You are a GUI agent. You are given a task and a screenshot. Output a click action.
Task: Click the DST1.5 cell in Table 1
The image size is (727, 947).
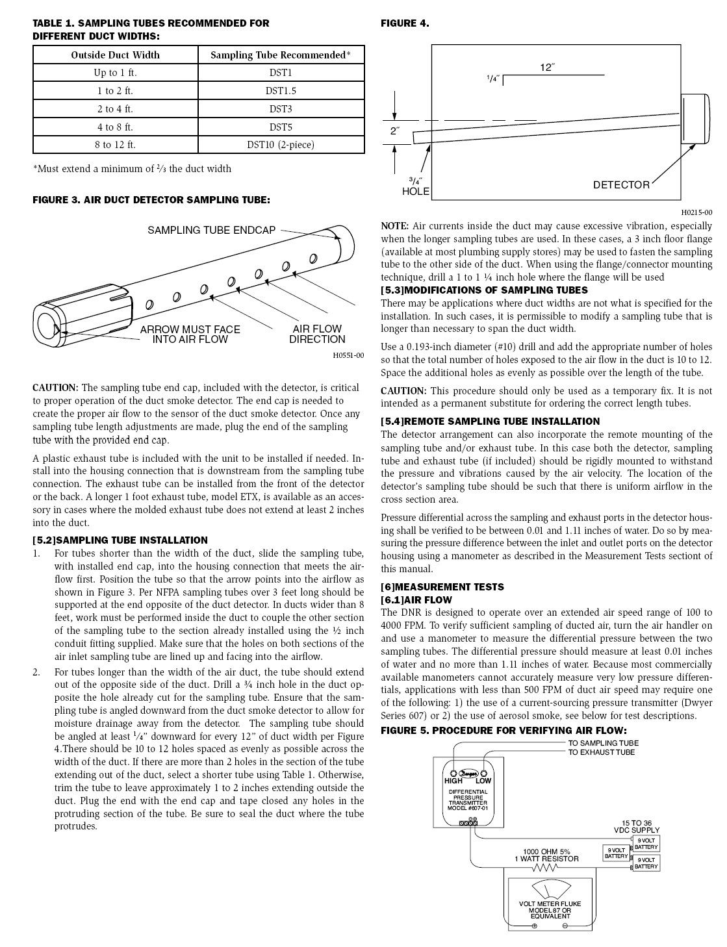(x=281, y=91)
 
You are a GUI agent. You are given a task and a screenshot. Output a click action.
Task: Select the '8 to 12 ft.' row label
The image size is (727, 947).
(x=116, y=145)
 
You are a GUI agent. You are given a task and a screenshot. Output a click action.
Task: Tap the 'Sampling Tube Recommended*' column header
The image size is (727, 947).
(x=281, y=55)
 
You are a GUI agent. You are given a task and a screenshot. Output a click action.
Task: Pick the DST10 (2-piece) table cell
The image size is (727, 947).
(x=281, y=145)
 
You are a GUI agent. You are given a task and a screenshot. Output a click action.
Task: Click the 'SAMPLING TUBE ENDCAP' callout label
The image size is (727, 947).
(x=211, y=231)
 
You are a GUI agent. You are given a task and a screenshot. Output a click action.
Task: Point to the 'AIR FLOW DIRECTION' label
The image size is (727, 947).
(x=317, y=335)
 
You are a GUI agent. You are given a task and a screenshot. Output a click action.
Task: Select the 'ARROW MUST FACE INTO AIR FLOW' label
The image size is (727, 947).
(x=190, y=335)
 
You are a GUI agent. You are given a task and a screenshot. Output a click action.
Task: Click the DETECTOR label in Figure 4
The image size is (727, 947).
(x=620, y=185)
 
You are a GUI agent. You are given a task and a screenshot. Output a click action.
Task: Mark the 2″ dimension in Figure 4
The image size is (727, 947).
(x=394, y=131)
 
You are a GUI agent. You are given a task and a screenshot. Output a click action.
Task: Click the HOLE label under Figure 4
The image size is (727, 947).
(x=416, y=192)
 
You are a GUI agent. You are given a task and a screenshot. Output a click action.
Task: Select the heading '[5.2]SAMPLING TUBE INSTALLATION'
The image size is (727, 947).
(x=120, y=540)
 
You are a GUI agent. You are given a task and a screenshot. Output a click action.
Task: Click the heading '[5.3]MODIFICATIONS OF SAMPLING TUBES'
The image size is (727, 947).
(x=484, y=290)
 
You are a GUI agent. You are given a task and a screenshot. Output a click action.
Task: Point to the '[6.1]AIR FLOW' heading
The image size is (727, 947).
(x=416, y=600)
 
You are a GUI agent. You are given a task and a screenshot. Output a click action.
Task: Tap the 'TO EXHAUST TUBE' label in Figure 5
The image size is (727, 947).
(x=602, y=752)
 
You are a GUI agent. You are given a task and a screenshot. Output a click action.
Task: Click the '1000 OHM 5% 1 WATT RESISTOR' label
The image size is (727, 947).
(x=546, y=855)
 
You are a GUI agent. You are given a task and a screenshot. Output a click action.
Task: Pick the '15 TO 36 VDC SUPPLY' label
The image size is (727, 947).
(x=637, y=826)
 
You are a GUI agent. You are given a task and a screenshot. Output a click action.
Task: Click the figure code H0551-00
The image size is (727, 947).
(x=348, y=355)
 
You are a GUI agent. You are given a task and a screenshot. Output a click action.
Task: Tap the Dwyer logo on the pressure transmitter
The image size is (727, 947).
(x=468, y=774)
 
